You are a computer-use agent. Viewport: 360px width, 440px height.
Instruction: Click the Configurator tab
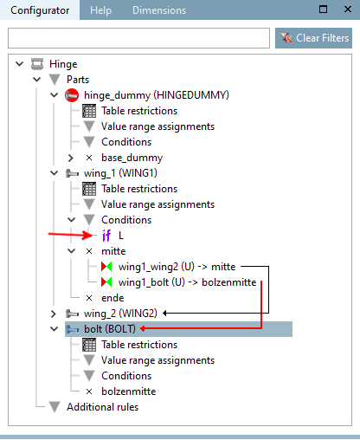(x=40, y=10)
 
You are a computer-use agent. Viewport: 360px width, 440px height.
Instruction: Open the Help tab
(x=101, y=10)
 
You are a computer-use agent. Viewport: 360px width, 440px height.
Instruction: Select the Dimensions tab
(x=158, y=10)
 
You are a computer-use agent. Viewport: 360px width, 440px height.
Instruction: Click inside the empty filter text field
(x=138, y=39)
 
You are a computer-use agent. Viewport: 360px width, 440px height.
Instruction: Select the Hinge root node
(x=64, y=64)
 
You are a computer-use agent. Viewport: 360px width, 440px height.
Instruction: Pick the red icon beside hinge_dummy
(x=72, y=95)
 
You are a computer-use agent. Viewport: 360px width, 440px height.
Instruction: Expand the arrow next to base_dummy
(x=71, y=158)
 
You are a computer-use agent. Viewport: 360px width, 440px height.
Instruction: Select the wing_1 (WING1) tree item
(x=119, y=173)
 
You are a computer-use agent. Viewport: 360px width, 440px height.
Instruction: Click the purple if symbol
(x=106, y=236)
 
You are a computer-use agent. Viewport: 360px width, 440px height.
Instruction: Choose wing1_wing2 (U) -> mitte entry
(x=178, y=267)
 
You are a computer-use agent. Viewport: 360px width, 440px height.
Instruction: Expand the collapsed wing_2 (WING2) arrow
(x=55, y=314)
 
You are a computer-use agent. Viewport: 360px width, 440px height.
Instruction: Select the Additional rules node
(x=102, y=407)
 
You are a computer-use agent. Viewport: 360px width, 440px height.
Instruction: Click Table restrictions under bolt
(x=138, y=345)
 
